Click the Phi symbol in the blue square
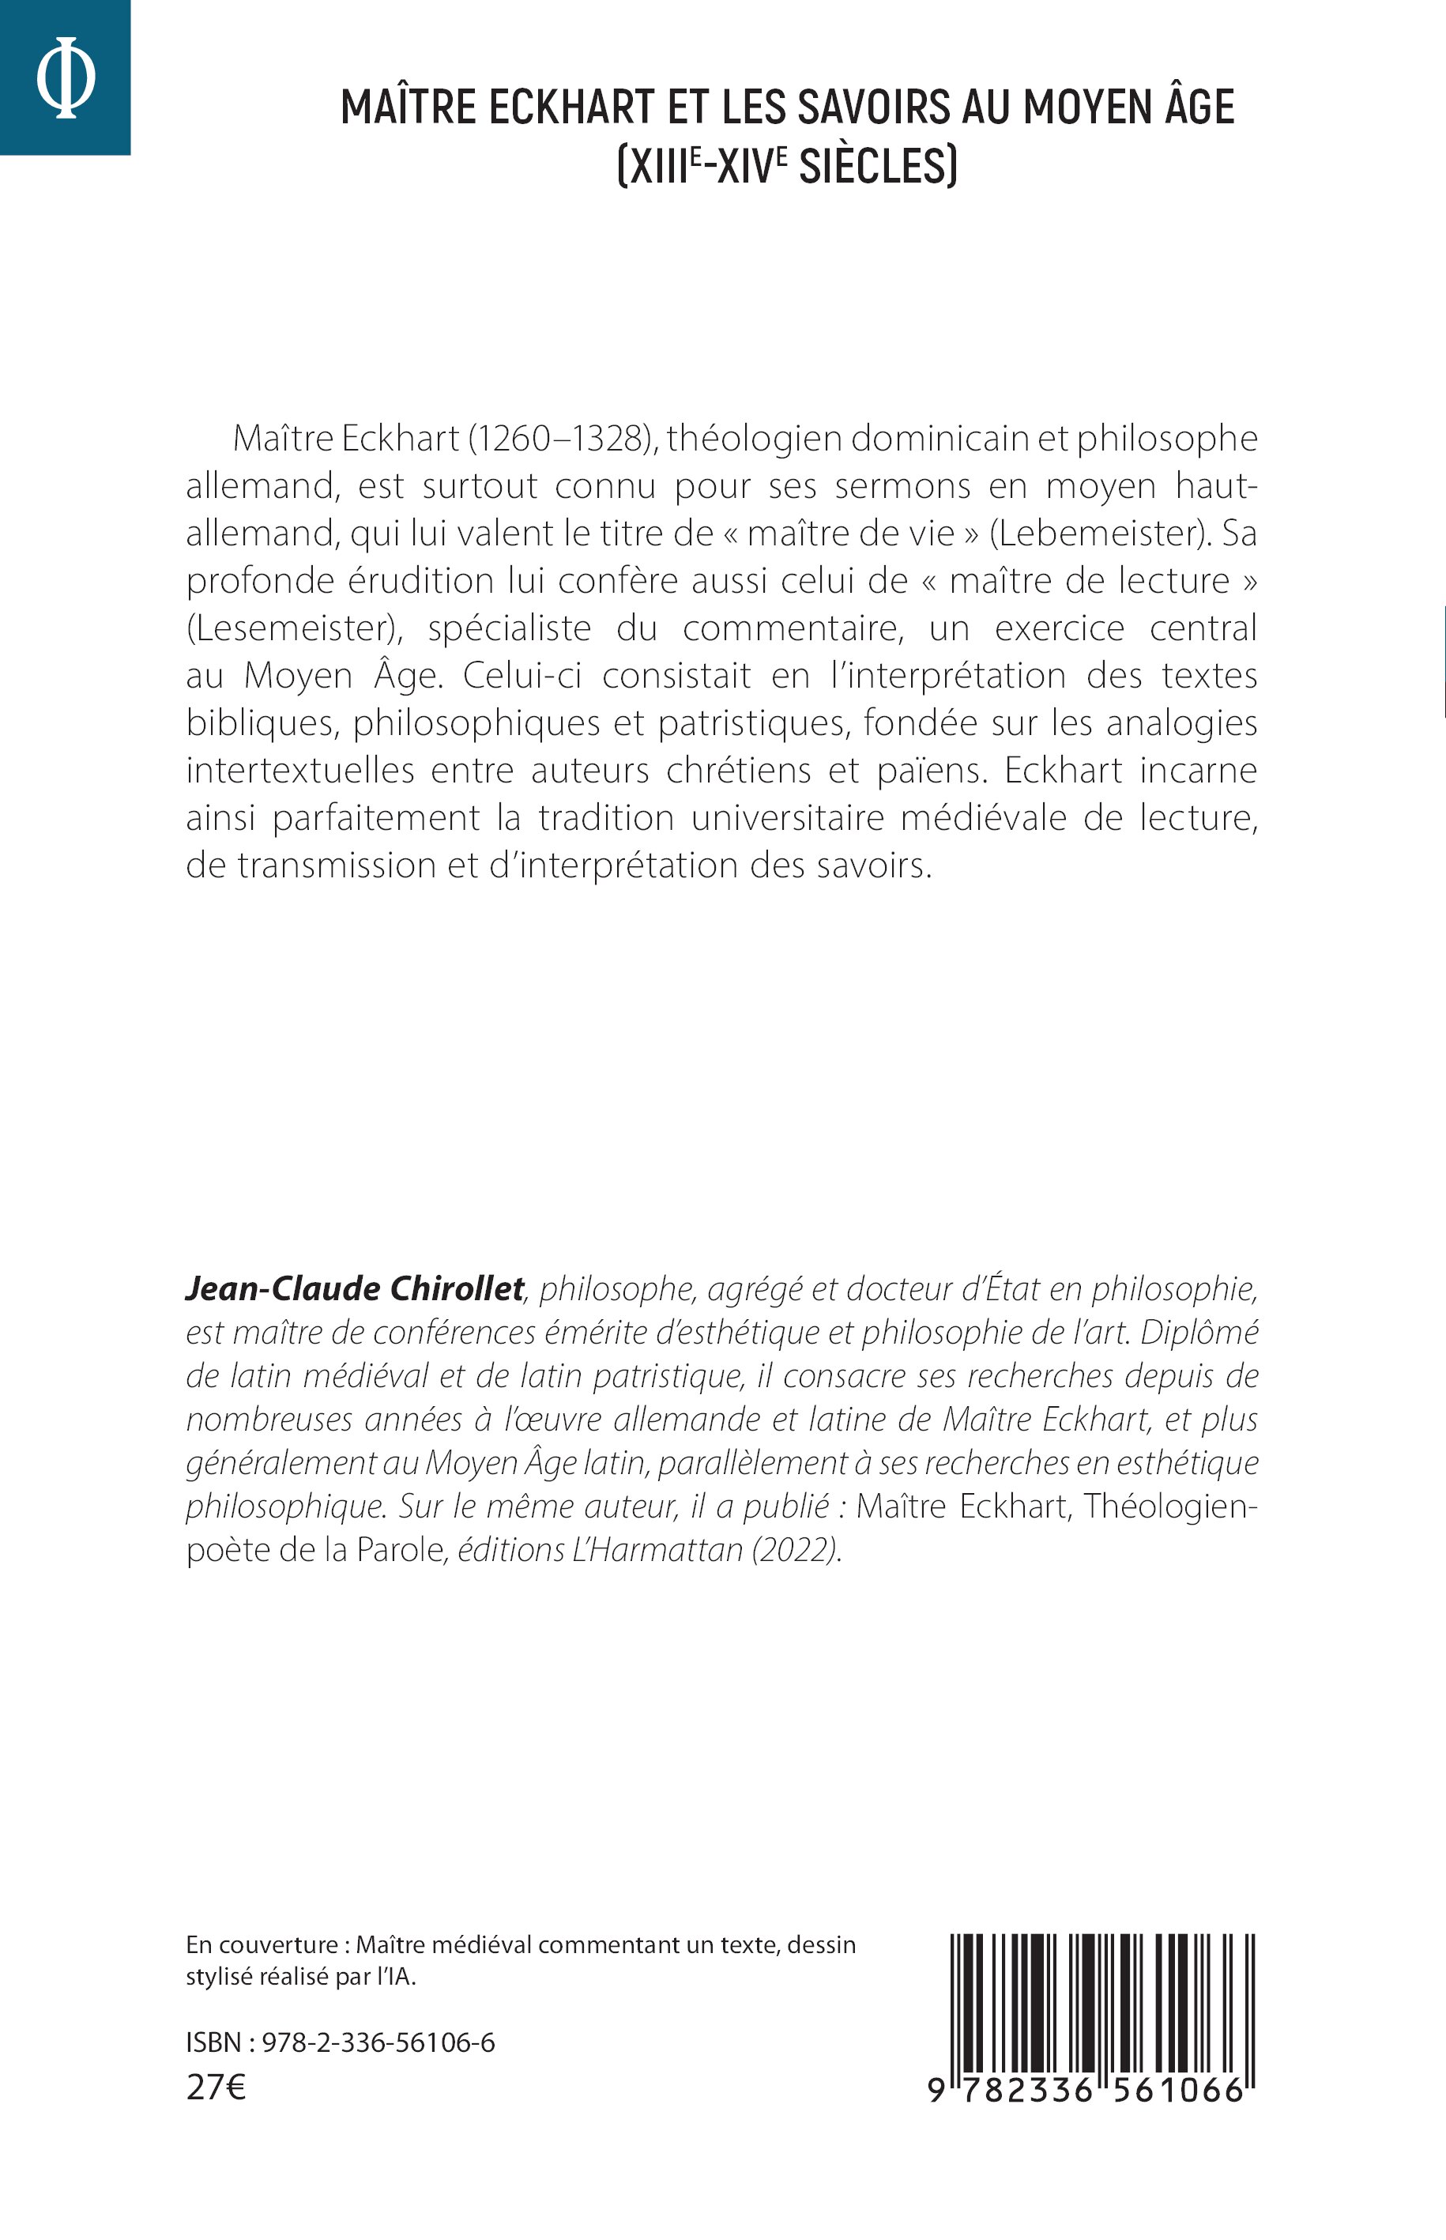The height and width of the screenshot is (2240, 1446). coord(65,77)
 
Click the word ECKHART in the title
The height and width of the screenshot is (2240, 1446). coord(570,107)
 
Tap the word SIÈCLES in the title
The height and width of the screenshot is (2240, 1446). coord(878,166)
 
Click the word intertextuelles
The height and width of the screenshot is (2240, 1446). coord(300,770)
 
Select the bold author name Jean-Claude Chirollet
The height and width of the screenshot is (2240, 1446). coord(354,1288)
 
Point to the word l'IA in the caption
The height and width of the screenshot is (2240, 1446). coord(394,1976)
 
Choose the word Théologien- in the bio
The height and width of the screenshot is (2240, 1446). coord(1170,1506)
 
